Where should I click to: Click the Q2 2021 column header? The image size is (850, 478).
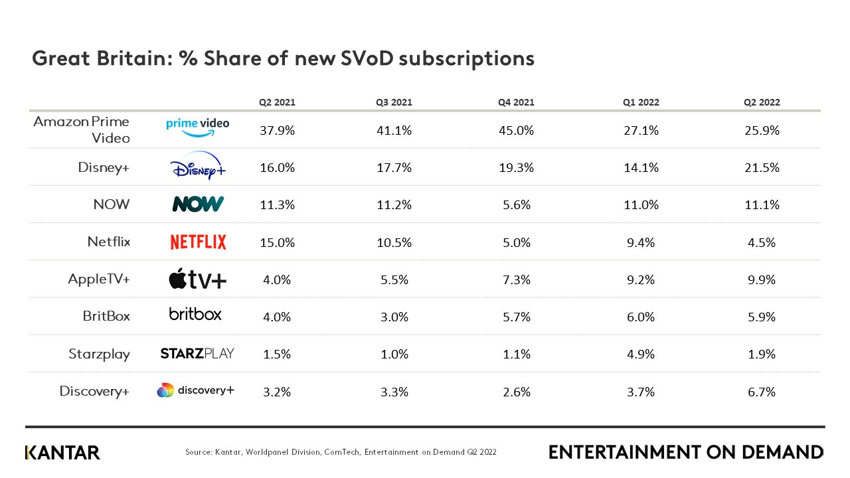(277, 102)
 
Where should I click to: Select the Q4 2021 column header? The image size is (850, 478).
(516, 102)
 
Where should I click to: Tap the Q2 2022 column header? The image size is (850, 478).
(762, 102)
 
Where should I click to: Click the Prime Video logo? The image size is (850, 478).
(197, 127)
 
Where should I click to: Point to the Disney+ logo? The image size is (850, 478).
(198, 167)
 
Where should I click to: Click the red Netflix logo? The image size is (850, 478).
(198, 242)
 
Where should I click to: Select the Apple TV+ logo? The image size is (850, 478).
(197, 279)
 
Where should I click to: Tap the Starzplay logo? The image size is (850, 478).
(197, 353)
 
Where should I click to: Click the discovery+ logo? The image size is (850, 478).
(196, 390)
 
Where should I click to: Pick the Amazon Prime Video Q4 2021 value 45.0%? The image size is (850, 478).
(516, 131)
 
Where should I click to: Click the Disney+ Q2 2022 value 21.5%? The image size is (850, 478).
(762, 168)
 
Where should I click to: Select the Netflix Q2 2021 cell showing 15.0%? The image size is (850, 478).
(277, 243)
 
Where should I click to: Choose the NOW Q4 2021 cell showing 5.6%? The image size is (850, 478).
(516, 205)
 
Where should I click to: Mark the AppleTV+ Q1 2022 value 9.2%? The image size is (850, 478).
(641, 280)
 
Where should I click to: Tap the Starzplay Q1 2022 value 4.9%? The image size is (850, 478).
(641, 355)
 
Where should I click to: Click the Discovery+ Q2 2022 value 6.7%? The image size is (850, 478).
(762, 392)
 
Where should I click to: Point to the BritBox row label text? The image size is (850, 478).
(106, 316)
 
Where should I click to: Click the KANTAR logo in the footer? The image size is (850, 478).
(62, 453)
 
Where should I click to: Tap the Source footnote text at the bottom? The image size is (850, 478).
(341, 452)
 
